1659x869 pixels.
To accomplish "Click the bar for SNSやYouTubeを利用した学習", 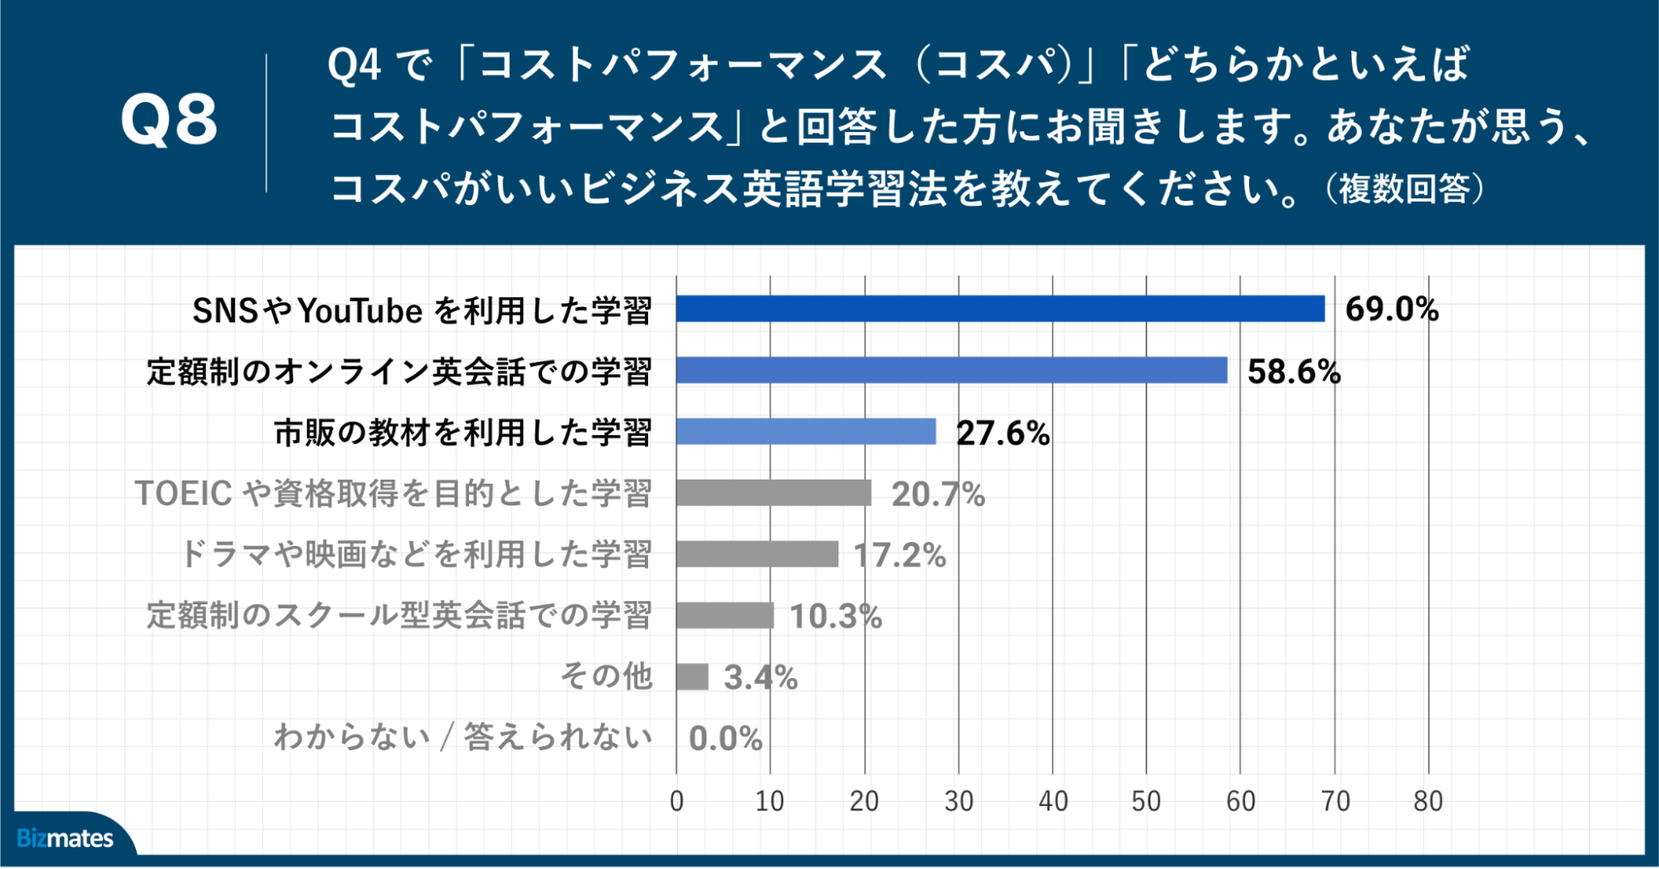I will [1000, 309].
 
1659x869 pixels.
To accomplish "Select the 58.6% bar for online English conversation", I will [951, 370].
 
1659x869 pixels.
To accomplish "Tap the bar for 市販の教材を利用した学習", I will [806, 432].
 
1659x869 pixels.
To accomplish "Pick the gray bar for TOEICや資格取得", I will [773, 493].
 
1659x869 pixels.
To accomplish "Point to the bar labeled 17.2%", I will [757, 554].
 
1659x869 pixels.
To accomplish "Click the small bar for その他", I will [692, 676].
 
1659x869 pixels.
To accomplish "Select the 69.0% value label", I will [1392, 309].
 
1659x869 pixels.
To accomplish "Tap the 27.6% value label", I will [1003, 432].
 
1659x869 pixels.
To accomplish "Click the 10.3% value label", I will [835, 616].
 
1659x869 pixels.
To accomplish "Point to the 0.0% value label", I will [725, 738].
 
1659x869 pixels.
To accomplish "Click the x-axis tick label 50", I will [1146, 801].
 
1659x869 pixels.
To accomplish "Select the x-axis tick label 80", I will [1427, 801].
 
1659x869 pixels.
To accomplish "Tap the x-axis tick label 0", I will [676, 801].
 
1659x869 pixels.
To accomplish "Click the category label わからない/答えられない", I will [462, 737].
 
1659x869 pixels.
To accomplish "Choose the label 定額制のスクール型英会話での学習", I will [398, 615].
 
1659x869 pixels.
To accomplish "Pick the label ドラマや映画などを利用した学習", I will [416, 554].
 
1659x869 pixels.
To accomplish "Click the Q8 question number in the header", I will [169, 120].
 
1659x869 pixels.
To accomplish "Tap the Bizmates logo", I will [65, 838].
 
